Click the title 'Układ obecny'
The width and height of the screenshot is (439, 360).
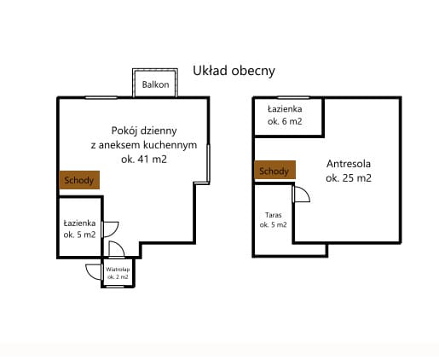[234, 71]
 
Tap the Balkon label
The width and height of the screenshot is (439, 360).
[155, 84]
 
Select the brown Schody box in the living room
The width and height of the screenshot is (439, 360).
[79, 180]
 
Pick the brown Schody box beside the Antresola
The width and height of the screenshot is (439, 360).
[274, 170]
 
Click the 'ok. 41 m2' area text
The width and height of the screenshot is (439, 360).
[144, 160]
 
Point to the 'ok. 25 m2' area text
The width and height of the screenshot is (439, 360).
[349, 178]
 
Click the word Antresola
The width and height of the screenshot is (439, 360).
[349, 164]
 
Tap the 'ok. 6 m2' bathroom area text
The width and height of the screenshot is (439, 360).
[285, 121]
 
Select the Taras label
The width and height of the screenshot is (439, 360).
[274, 215]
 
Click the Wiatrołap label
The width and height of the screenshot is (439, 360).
[118, 270]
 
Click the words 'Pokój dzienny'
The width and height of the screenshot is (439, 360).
[144, 131]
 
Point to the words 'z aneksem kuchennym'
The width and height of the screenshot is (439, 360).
[144, 145]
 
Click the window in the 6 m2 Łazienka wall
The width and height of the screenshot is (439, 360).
[293, 98]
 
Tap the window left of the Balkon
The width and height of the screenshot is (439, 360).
[101, 98]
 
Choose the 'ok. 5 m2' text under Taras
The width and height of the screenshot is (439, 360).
[274, 224]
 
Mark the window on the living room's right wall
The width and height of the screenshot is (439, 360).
[208, 164]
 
